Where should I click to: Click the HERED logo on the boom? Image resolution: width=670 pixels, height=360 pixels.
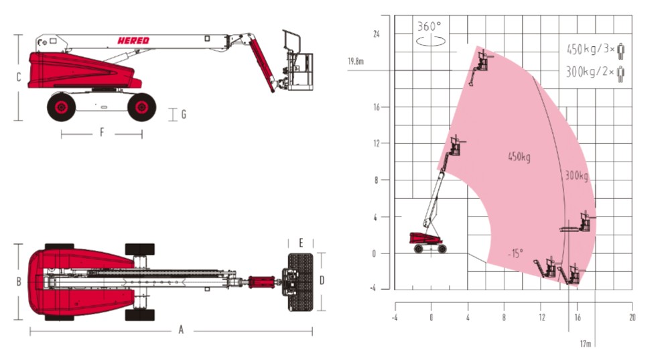click(133, 41)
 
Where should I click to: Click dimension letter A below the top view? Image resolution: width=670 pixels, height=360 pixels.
click(181, 330)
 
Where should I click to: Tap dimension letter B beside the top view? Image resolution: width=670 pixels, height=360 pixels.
click(18, 282)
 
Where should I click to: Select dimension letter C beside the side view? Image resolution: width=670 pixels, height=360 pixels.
click(18, 77)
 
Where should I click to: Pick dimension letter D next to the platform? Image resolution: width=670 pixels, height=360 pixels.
click(322, 280)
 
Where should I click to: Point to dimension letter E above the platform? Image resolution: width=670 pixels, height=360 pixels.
click(301, 243)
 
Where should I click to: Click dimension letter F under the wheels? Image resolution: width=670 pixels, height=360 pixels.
click(102, 133)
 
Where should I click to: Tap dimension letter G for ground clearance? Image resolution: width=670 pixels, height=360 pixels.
click(184, 114)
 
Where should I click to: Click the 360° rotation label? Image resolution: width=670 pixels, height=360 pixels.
click(429, 27)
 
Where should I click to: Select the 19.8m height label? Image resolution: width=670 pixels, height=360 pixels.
click(356, 62)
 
